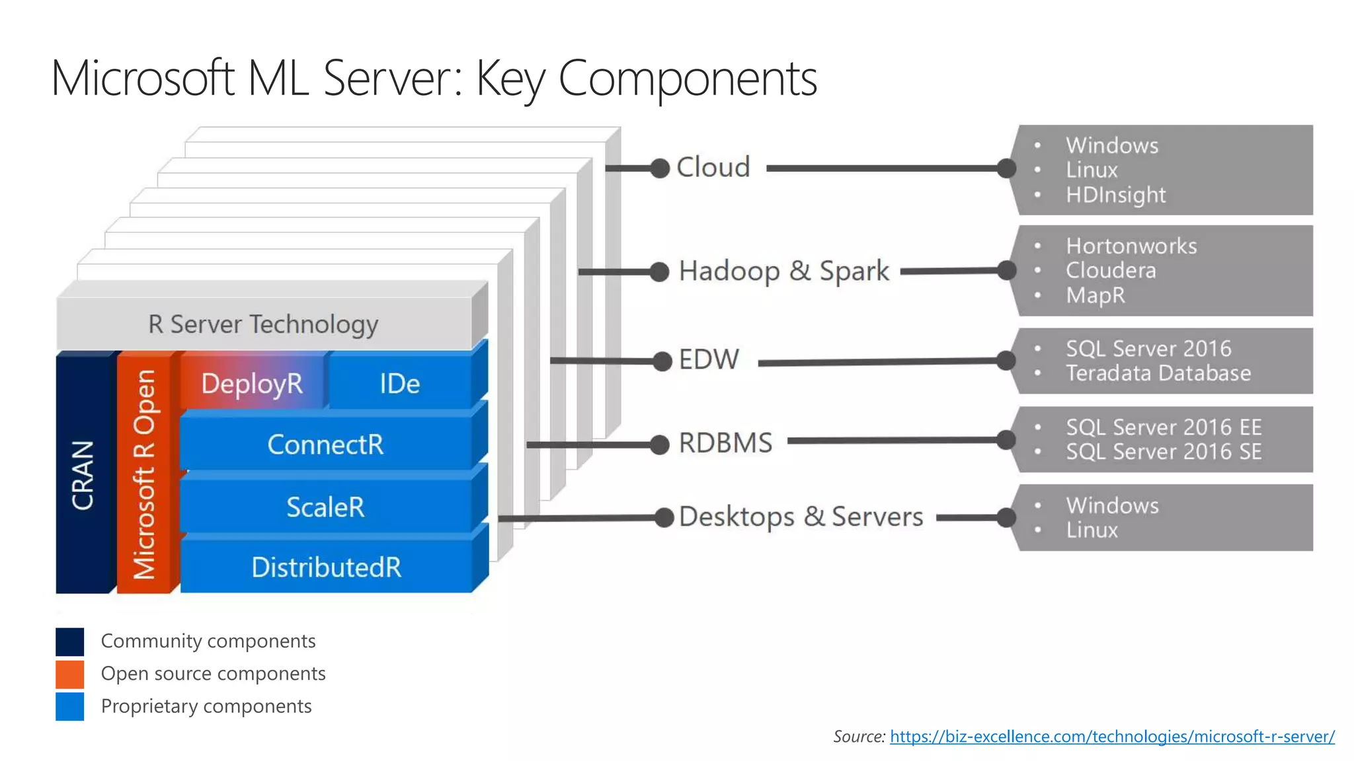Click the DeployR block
point(252,383)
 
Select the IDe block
point(399,383)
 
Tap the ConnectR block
point(325,445)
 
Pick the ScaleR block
point(325,507)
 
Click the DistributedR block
point(326,567)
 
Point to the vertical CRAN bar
point(83,474)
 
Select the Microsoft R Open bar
point(144,474)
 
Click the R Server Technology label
point(263,324)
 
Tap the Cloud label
point(713,167)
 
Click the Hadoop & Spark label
point(784,271)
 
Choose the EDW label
point(709,360)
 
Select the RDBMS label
point(725,443)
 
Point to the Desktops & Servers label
point(801,517)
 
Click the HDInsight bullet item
point(1115,195)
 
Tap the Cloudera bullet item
point(1111,270)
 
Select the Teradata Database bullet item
point(1158,373)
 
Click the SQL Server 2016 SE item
point(1164,452)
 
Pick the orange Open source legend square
point(70,674)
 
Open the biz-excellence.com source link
point(1112,737)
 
